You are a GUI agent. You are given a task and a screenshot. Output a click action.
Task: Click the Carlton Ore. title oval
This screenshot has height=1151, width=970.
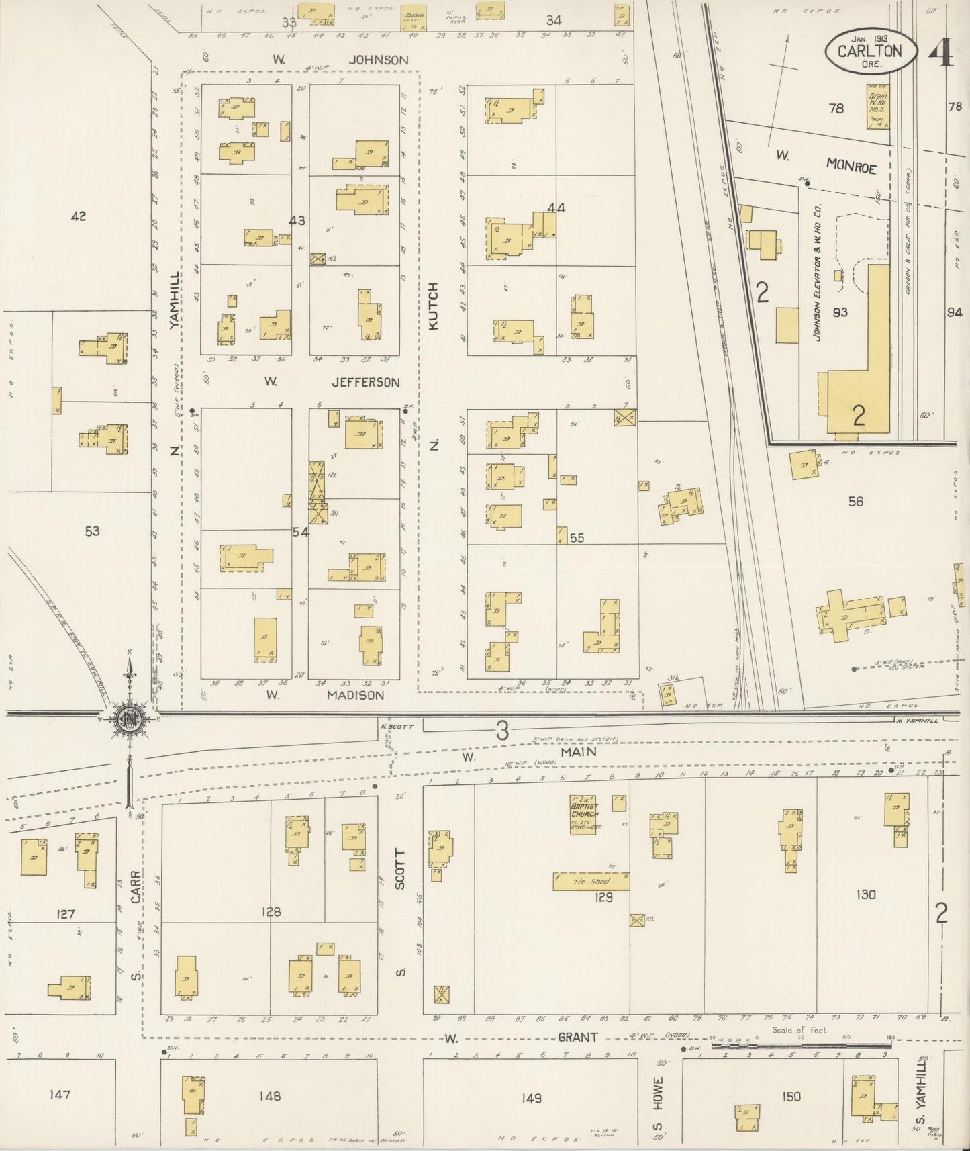click(x=869, y=51)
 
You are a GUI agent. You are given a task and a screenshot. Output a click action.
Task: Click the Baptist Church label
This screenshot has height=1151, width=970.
click(x=583, y=810)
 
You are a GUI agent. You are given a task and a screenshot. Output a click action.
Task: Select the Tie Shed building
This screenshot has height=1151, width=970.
click(x=591, y=881)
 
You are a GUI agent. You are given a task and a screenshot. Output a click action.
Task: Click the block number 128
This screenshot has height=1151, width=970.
click(x=271, y=912)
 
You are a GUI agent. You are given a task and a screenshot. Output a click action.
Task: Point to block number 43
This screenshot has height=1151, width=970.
click(x=297, y=220)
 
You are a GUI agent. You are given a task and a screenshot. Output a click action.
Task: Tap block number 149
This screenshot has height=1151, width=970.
click(x=530, y=1097)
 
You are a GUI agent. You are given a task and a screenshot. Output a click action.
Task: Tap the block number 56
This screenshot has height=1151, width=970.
click(x=855, y=501)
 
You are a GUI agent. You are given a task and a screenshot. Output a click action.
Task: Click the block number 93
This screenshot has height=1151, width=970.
click(x=840, y=312)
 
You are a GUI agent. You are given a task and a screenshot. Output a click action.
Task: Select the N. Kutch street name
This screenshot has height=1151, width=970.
click(x=433, y=306)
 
